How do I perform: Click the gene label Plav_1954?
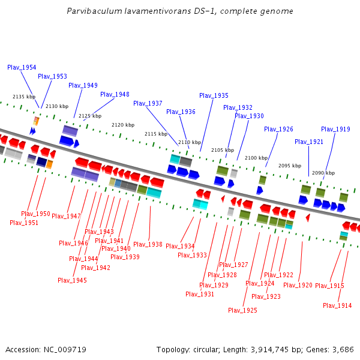coord(22,68)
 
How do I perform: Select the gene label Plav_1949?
coord(83,85)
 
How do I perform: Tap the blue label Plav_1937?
coord(148,103)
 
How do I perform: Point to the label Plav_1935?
coord(214,95)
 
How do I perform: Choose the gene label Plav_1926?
coord(278,129)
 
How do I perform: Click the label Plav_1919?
coord(335,129)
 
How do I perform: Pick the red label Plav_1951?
coord(24,223)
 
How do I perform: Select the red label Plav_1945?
coord(72,280)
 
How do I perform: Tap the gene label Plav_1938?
coord(148,244)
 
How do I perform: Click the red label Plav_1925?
coord(242,310)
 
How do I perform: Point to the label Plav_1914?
coord(337,305)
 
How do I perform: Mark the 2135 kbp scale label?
coord(24,97)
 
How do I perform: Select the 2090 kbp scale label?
coord(323,173)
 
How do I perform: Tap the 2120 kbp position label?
coord(122,125)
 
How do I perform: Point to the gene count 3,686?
coord(343,349)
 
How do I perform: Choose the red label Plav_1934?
coord(180,246)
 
